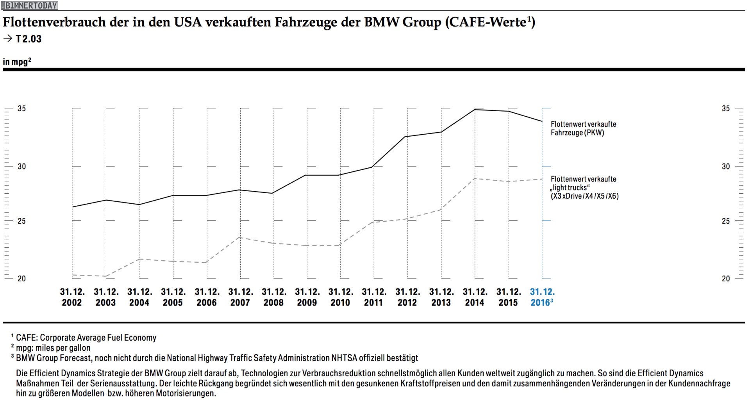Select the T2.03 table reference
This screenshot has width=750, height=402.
28,39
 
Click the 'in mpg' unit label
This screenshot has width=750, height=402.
17,62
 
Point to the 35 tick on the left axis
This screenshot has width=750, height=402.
21,109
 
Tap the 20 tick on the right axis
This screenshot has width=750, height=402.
726,279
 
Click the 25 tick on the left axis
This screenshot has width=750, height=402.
21,221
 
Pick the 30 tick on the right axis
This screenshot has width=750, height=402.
726,166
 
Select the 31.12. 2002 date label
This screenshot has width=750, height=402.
72,297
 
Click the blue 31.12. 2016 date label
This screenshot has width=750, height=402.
542,297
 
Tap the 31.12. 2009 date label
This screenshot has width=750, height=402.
307,297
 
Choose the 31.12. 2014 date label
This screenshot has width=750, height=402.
475,297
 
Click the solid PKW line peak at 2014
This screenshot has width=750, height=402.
475,110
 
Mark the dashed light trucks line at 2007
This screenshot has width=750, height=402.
240,237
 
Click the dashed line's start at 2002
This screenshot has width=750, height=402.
73,275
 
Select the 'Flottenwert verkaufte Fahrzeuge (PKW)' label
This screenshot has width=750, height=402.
583,128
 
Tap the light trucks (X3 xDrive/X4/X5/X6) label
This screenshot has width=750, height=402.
584,187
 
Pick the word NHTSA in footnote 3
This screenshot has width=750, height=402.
344,358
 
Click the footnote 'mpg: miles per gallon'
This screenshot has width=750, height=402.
53,348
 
